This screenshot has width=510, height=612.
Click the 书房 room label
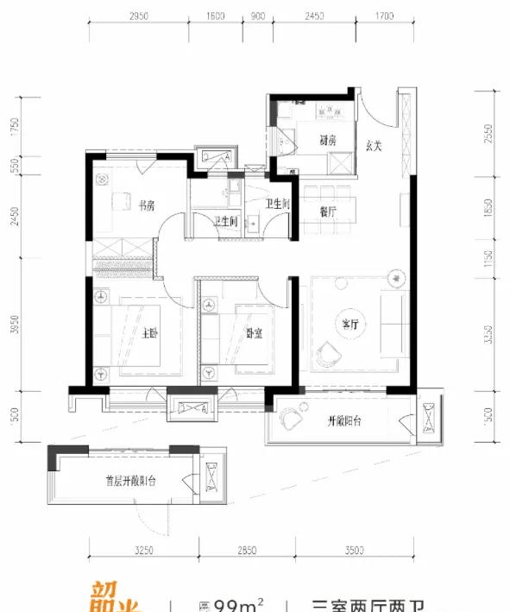coord(146,205)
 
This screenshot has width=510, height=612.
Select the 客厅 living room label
coord(349,325)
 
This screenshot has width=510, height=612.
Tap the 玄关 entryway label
coord(373,145)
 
